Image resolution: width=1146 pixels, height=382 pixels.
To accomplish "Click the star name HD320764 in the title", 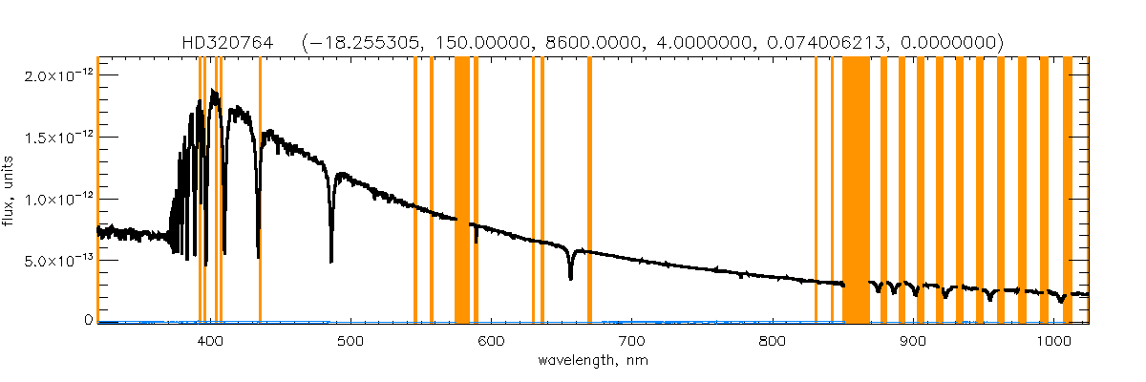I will pyautogui.click(x=227, y=43).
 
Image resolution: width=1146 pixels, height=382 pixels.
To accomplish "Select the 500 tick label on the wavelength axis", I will pyautogui.click(x=350, y=341).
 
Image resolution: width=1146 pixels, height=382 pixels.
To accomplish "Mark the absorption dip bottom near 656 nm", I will pyautogui.click(x=570, y=278).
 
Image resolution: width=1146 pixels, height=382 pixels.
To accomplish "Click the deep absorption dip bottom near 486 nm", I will pyautogui.click(x=331, y=260).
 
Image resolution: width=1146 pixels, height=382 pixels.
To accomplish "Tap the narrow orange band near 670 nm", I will pyautogui.click(x=589, y=191).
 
